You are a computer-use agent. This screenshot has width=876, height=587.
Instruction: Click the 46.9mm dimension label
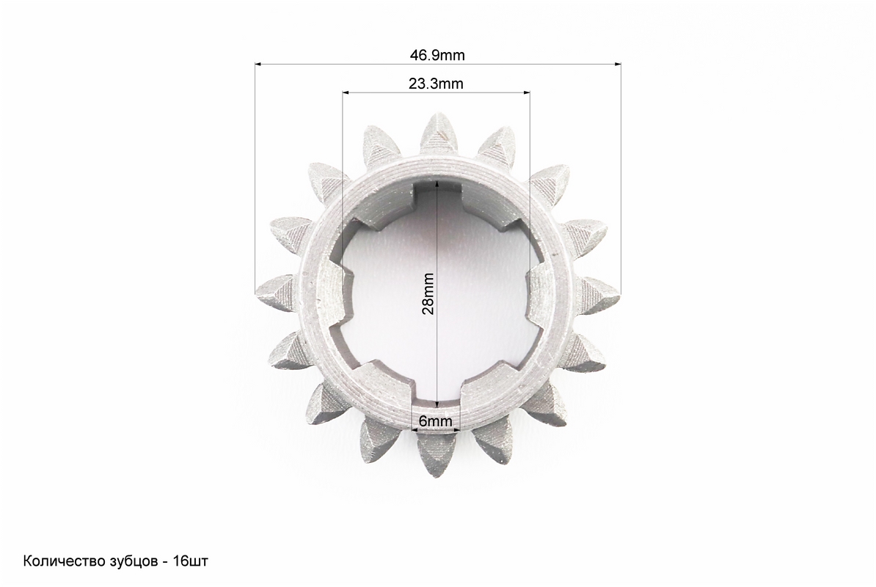tap(437, 55)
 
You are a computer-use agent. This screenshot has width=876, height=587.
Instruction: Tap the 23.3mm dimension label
tap(436, 84)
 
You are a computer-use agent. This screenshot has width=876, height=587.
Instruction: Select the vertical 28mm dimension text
tap(428, 293)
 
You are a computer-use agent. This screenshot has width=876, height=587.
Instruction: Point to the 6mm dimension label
tap(435, 420)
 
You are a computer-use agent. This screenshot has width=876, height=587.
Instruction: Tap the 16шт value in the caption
tap(191, 561)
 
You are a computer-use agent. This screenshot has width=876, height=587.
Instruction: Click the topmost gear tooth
tap(439, 134)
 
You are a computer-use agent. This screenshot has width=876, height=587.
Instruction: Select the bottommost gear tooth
tap(437, 455)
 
